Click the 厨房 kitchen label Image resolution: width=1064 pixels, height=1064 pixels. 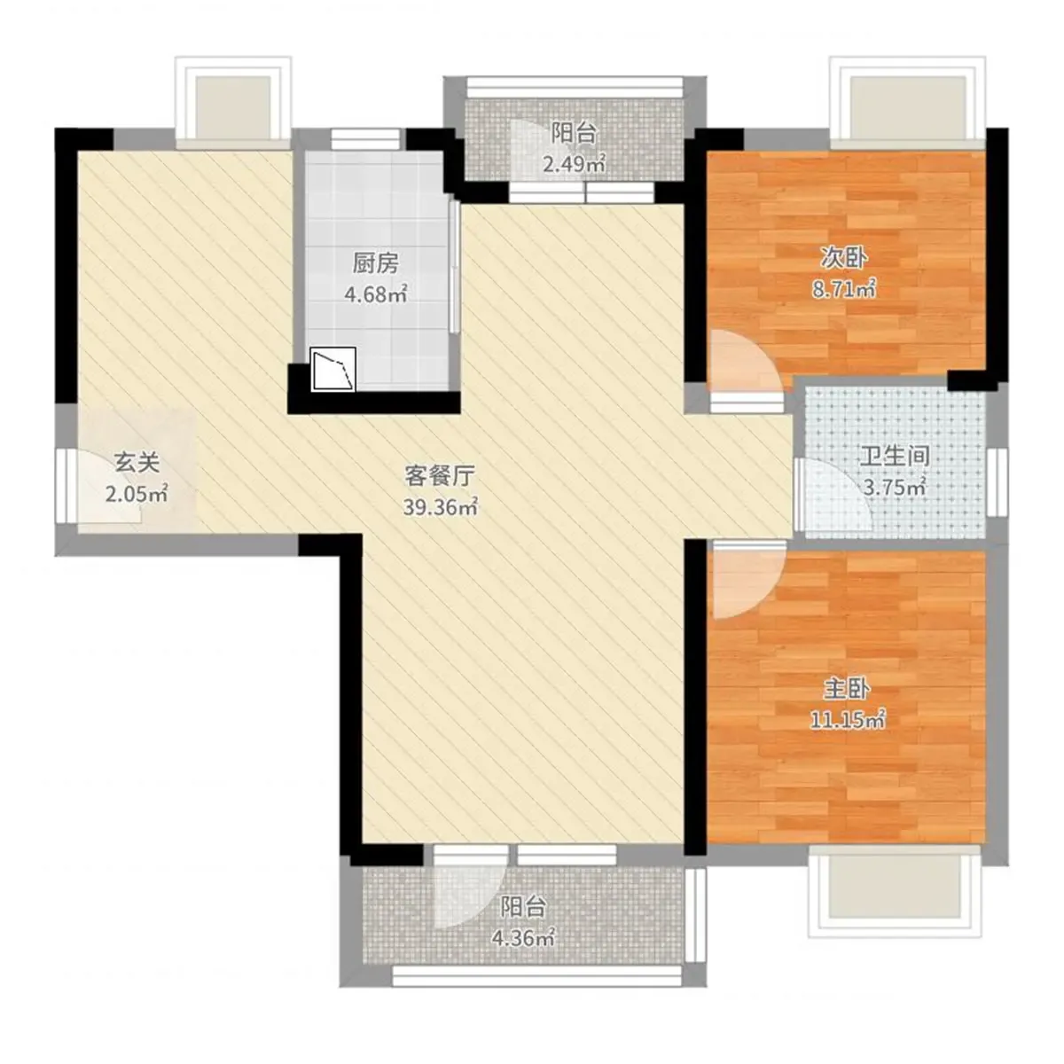click(x=375, y=264)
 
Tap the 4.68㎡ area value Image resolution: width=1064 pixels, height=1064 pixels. click(x=375, y=293)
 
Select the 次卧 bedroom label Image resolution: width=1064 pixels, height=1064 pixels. click(x=844, y=258)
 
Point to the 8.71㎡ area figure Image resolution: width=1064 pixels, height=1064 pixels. click(x=844, y=288)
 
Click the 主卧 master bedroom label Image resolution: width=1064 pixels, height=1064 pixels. click(x=847, y=689)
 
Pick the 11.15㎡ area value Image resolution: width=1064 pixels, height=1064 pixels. click(x=848, y=719)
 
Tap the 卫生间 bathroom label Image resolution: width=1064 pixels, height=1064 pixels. click(x=895, y=456)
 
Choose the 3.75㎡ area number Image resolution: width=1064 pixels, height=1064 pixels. click(x=895, y=487)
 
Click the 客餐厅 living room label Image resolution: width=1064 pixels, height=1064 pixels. click(x=440, y=475)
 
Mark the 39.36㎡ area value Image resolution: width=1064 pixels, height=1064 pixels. click(x=440, y=506)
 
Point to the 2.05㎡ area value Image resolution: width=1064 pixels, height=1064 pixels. click(x=137, y=493)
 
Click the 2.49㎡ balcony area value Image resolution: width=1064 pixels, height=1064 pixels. click(x=575, y=164)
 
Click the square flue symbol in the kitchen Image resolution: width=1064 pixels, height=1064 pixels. click(x=333, y=369)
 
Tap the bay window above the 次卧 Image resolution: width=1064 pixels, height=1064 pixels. click(x=908, y=103)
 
